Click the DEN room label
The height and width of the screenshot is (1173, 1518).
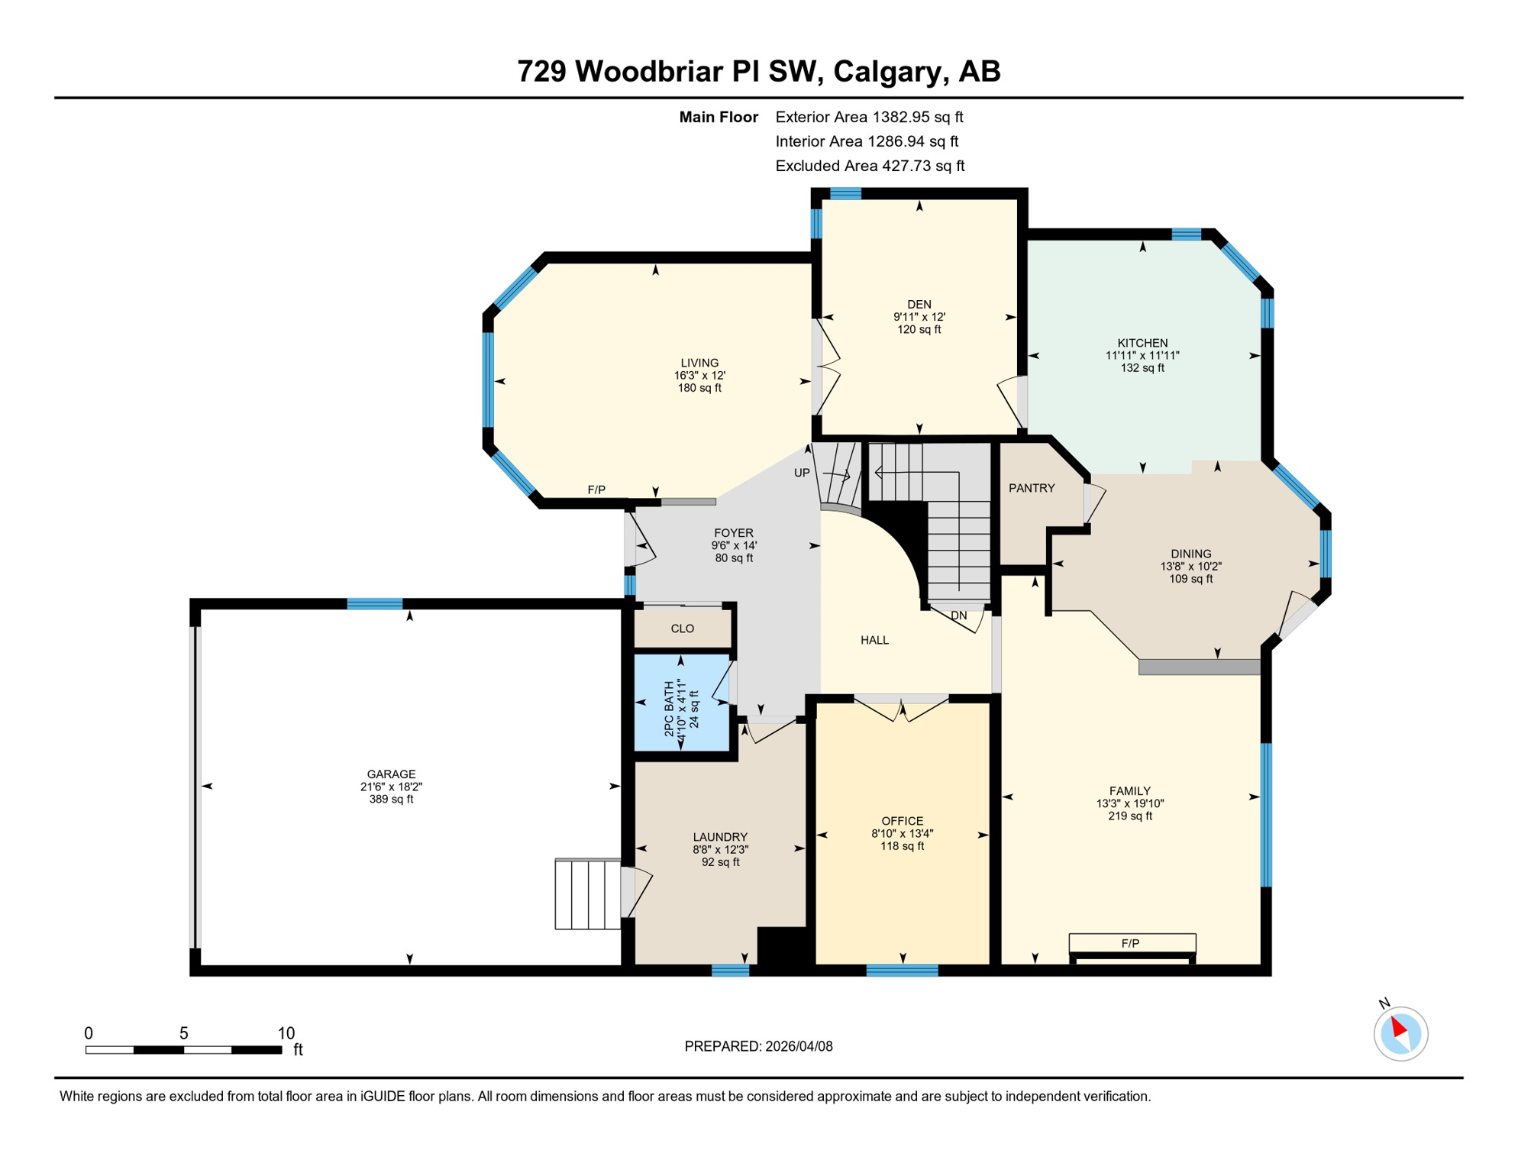[919, 304]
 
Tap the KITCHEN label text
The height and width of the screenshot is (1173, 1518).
[1142, 343]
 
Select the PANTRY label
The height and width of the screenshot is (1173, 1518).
[1032, 488]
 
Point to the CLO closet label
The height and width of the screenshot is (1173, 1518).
[682, 629]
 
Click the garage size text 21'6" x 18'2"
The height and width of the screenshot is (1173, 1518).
[391, 787]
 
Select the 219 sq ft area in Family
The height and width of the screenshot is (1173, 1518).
[1129, 816]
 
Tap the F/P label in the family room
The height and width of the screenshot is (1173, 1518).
[1130, 943]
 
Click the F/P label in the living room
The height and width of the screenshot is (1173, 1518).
[596, 490]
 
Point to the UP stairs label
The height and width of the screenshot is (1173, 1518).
[802, 473]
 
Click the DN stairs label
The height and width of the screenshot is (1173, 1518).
[958, 616]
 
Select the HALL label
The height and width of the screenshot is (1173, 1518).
[874, 640]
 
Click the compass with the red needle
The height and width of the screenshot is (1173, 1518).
[1400, 1033]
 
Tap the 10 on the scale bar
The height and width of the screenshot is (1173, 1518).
[286, 1033]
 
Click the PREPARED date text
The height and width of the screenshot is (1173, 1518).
[758, 1046]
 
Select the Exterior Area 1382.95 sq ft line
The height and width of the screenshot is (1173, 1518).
[869, 117]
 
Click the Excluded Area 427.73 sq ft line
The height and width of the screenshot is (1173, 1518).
[870, 166]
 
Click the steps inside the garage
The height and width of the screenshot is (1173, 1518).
[587, 894]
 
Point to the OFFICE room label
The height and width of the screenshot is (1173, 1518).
[902, 821]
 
